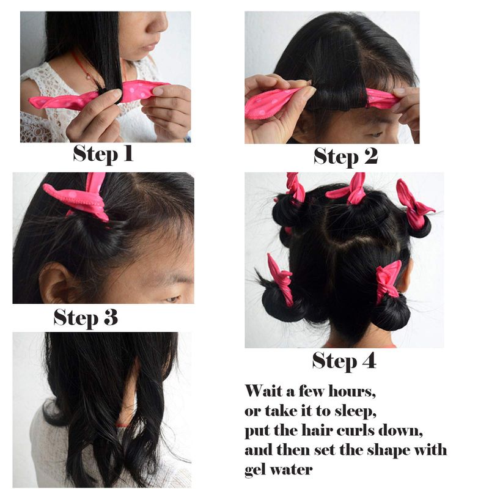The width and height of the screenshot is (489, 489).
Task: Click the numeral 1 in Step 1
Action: [x=128, y=153]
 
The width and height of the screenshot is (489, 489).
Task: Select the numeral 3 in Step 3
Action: [x=111, y=317]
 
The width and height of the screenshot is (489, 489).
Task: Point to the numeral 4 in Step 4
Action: [x=369, y=361]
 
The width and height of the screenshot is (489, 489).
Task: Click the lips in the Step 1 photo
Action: [x=151, y=47]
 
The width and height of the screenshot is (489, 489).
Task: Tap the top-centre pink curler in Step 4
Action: [x=351, y=189]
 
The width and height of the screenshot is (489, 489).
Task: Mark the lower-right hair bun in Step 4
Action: [x=390, y=312]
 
